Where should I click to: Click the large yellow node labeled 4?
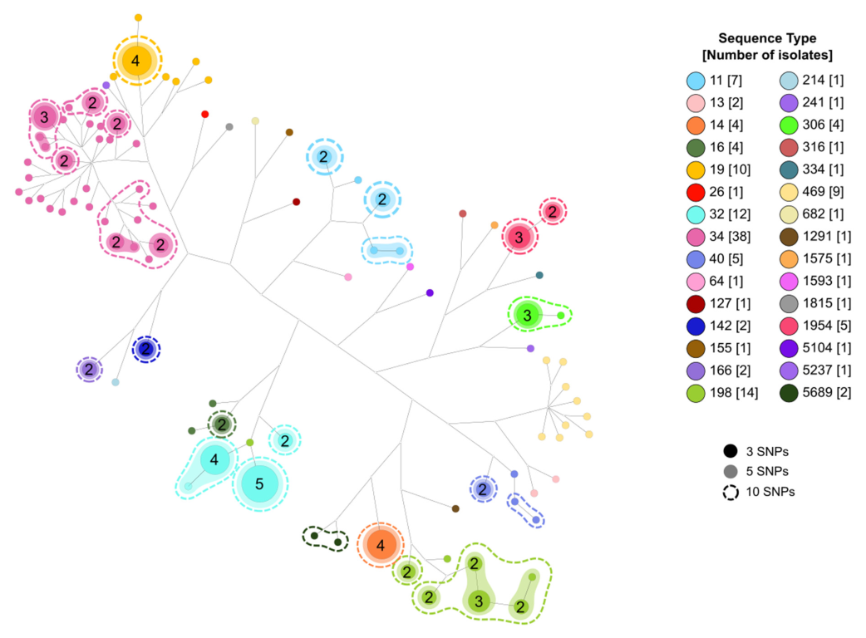[x=136, y=61]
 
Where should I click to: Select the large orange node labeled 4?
[x=381, y=546]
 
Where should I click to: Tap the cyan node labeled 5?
[x=258, y=483]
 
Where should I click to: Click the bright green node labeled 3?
[x=526, y=315]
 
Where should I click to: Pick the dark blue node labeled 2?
[x=145, y=349]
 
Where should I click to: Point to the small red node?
[x=204, y=114]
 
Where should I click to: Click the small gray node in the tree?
[x=229, y=126]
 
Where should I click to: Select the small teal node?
[x=539, y=275]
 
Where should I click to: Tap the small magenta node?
[x=410, y=267]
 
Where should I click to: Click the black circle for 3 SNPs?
[x=731, y=452]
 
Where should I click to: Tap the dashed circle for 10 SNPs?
[x=731, y=492]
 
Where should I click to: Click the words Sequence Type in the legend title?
[x=767, y=38]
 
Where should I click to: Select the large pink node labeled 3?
[x=44, y=117]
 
